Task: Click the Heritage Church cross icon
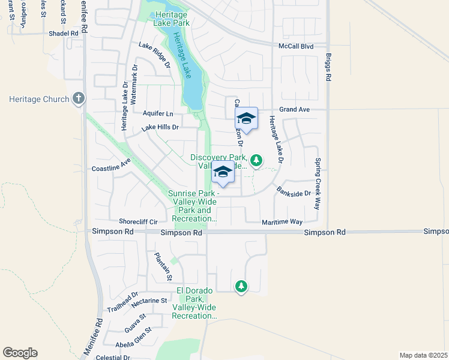point(78,98)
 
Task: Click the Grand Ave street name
point(294,110)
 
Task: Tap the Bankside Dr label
point(294,193)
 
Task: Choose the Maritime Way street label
point(282,222)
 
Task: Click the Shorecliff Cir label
point(138,221)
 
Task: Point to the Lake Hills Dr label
point(160,127)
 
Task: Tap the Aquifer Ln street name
point(158,113)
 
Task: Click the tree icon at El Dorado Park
point(241,286)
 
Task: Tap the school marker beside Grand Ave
point(246,118)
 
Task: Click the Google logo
point(20,353)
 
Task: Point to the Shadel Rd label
point(64,34)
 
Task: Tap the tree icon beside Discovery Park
point(256,160)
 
